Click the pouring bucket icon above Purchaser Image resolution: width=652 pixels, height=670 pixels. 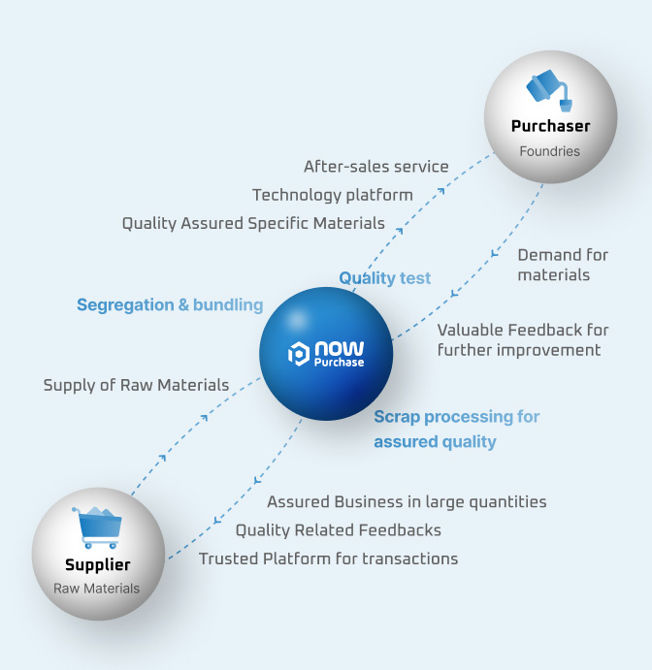pyautogui.click(x=550, y=91)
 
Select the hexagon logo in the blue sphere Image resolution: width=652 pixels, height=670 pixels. pyautogui.click(x=299, y=354)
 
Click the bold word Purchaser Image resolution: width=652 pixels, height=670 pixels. pyautogui.click(x=550, y=126)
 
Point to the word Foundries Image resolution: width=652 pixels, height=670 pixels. pyautogui.click(x=549, y=151)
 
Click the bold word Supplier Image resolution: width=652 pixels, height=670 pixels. pyautogui.click(x=97, y=564)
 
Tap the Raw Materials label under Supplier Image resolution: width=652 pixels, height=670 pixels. pyautogui.click(x=97, y=589)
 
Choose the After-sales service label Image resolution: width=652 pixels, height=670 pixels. pyautogui.click(x=375, y=166)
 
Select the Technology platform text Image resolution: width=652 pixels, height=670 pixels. pyautogui.click(x=332, y=195)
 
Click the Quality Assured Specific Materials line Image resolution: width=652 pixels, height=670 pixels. pyautogui.click(x=253, y=223)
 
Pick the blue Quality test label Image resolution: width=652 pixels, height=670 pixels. pyautogui.click(x=384, y=278)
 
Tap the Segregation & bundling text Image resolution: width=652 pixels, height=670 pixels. pyautogui.click(x=170, y=304)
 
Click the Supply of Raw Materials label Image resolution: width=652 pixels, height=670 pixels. pyautogui.click(x=136, y=385)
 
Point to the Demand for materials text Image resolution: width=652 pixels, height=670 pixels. pyautogui.click(x=562, y=265)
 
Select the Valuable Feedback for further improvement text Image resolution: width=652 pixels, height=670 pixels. pyautogui.click(x=522, y=339)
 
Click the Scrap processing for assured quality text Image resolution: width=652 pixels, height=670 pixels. pyautogui.click(x=456, y=429)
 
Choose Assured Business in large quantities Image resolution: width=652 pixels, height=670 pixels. pyautogui.click(x=407, y=501)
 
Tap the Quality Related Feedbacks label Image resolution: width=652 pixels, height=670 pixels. pyautogui.click(x=338, y=529)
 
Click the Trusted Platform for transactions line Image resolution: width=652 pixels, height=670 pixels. pyautogui.click(x=328, y=558)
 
